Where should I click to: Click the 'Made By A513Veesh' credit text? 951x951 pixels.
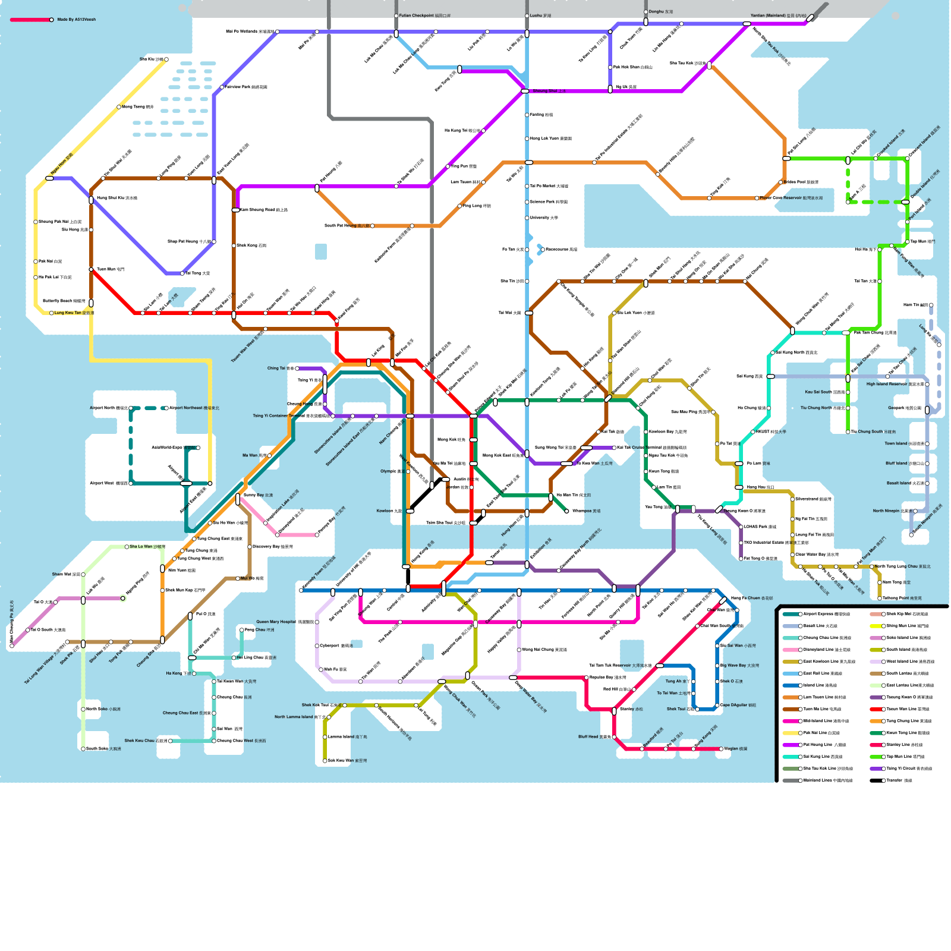(76, 20)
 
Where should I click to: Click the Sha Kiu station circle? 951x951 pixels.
(166, 59)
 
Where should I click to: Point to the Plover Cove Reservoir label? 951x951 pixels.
(791, 198)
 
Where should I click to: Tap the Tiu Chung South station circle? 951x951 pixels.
(848, 432)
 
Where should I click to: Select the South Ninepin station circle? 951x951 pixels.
(911, 535)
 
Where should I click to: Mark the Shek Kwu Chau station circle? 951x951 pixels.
(170, 741)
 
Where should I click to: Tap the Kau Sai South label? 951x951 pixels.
(824, 392)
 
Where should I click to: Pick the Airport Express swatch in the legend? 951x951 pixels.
(790, 614)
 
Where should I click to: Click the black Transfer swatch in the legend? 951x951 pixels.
(876, 780)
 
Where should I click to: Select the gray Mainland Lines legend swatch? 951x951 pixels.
(790, 780)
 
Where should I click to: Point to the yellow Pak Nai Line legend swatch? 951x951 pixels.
(790, 733)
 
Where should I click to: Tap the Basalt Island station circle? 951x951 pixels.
(927, 483)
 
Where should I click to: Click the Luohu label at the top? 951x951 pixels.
(540, 16)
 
